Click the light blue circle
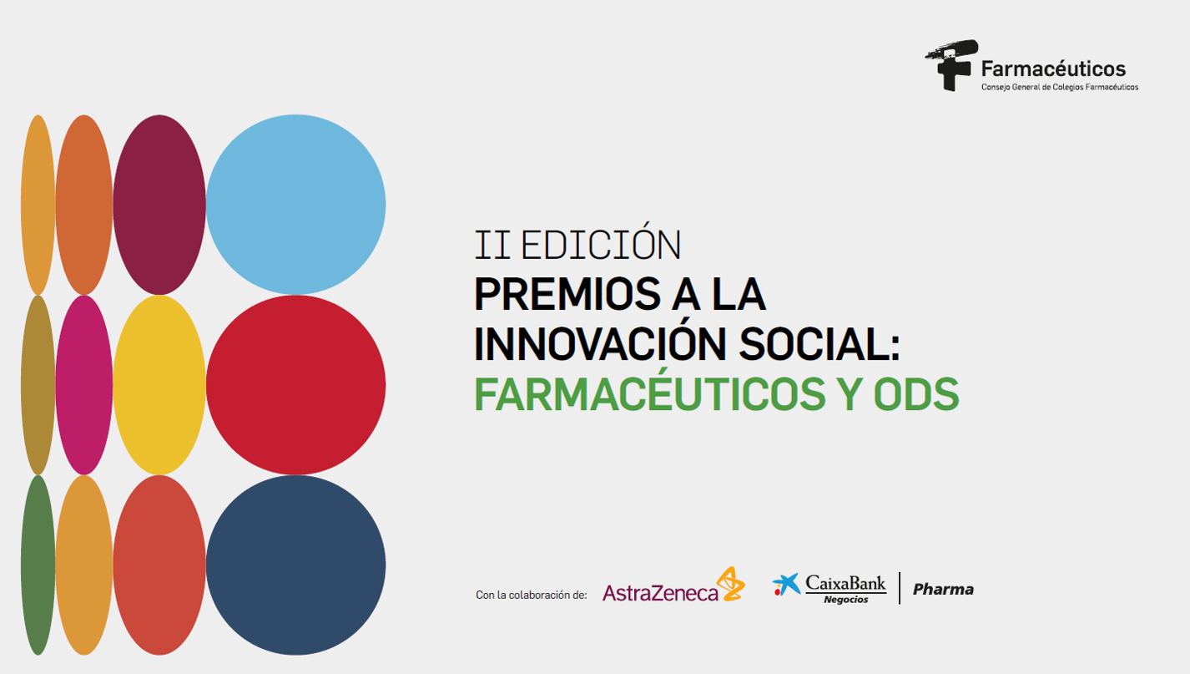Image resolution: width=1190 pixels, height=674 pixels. (x=296, y=205)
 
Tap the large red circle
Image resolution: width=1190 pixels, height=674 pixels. (x=296, y=385)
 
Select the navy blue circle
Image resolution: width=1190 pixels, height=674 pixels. (x=296, y=565)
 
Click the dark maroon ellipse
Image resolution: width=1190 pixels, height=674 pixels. (x=159, y=205)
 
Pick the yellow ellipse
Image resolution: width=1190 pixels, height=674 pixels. (x=159, y=385)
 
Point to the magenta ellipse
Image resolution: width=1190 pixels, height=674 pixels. (x=84, y=385)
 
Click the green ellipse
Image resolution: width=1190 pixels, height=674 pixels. (x=38, y=565)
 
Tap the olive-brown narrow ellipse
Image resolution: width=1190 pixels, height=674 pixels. (x=38, y=385)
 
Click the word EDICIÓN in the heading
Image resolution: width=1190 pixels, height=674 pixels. (x=601, y=242)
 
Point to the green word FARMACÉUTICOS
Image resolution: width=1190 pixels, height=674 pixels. (x=650, y=390)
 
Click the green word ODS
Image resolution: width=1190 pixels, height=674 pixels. (x=916, y=394)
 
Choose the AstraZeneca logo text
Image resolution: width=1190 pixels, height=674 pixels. (x=660, y=593)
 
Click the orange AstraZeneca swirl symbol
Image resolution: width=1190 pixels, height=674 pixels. (x=731, y=584)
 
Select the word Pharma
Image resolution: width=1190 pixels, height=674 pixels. (x=943, y=590)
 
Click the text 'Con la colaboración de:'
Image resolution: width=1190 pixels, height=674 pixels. (x=532, y=595)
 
